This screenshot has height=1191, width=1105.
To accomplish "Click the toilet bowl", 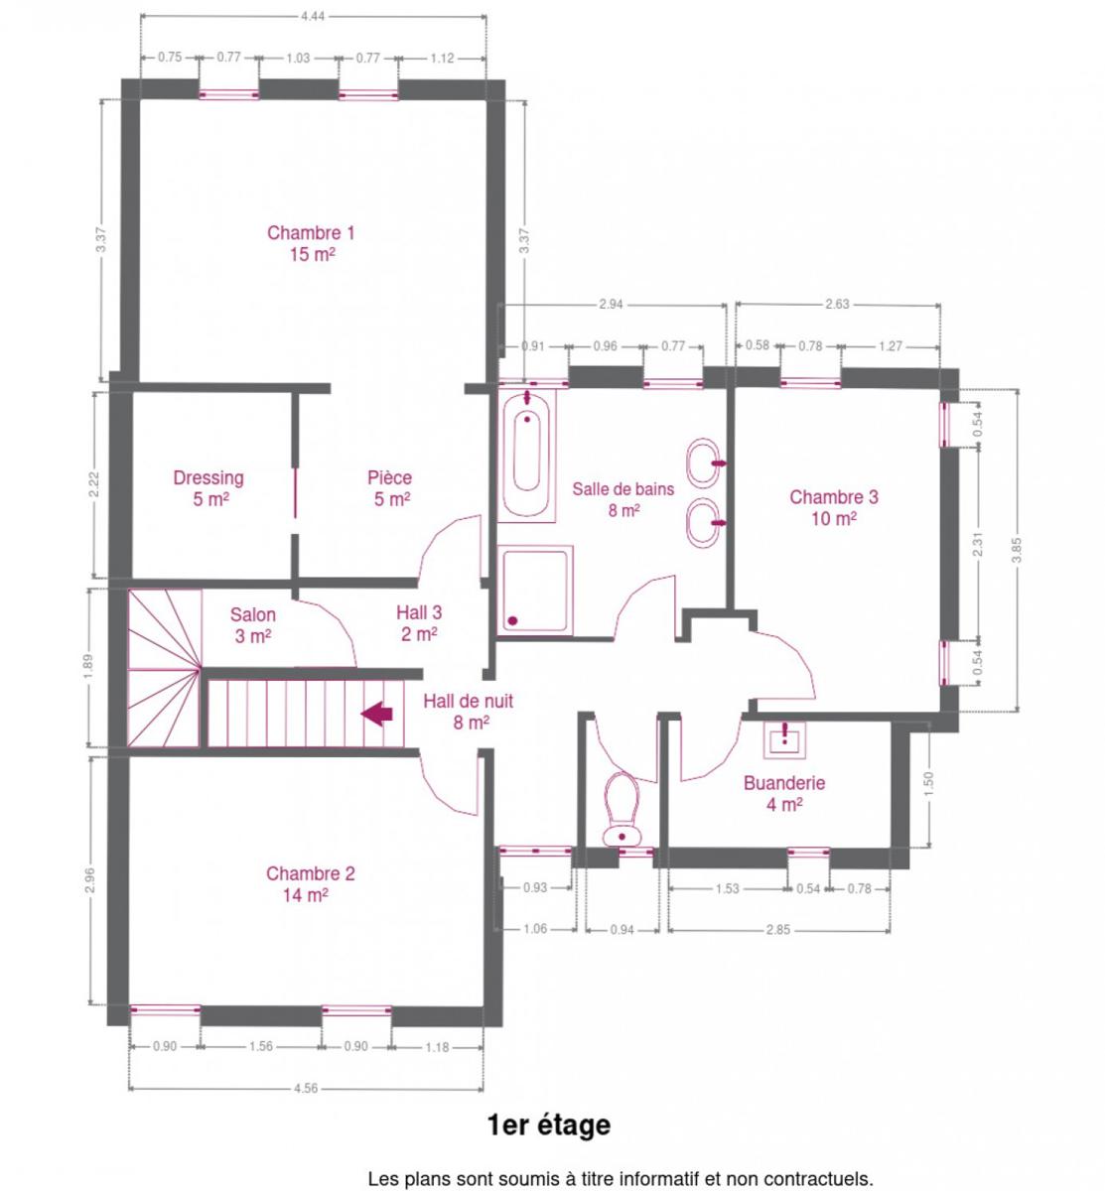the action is (x=622, y=809).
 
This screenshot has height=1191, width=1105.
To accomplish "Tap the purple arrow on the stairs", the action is (x=376, y=715).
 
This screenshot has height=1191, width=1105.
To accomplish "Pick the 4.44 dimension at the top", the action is (x=313, y=16).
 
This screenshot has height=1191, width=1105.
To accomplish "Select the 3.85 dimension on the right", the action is (x=1017, y=550).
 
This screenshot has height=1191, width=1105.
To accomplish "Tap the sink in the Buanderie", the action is (x=784, y=740).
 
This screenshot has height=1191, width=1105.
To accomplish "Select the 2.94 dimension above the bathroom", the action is (x=611, y=305).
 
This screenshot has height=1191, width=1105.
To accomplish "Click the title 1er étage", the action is (x=548, y=1125).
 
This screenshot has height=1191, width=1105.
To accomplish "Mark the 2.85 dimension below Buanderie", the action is (x=778, y=930).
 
